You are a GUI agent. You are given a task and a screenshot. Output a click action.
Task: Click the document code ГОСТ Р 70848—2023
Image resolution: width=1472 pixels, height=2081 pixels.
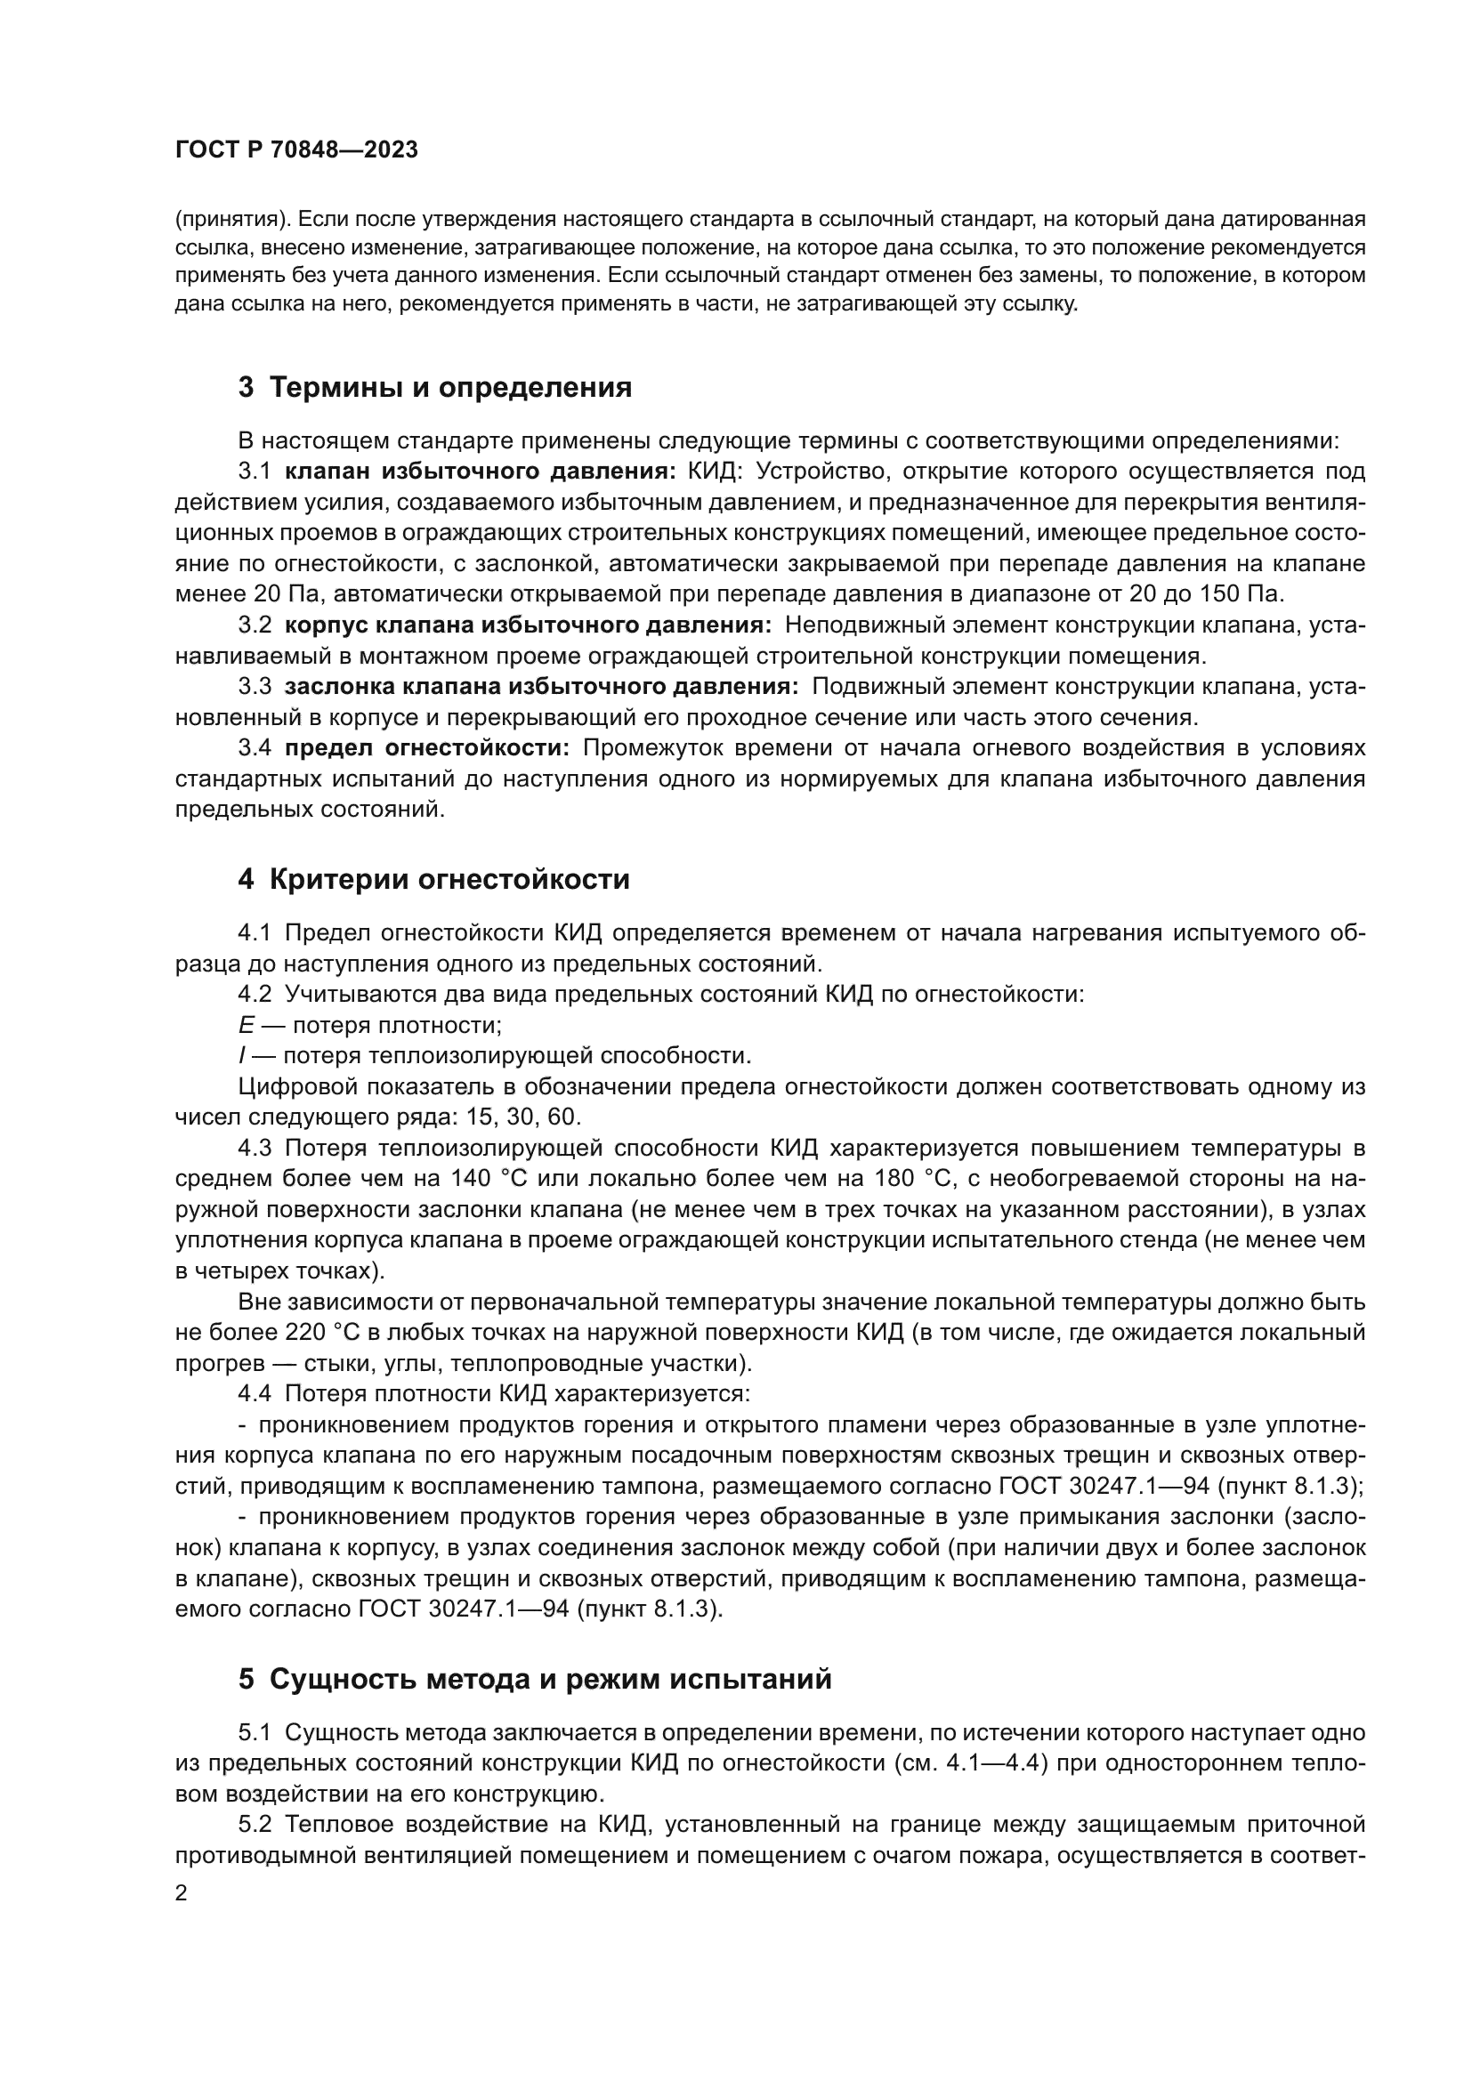pyautogui.click(x=296, y=150)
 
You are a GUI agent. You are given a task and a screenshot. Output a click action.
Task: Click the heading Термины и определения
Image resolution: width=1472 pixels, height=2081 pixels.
pyautogui.click(x=434, y=388)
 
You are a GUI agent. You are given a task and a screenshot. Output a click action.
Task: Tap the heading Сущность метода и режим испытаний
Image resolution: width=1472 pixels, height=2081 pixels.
pyautogui.click(x=534, y=1679)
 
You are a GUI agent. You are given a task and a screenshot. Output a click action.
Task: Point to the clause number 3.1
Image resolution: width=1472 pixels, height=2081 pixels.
pyautogui.click(x=255, y=472)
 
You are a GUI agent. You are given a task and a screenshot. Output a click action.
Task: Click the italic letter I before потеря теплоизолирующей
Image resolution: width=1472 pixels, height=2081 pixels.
pyautogui.click(x=242, y=1056)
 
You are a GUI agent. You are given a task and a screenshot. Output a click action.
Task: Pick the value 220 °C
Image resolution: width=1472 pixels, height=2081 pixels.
pyautogui.click(x=305, y=1333)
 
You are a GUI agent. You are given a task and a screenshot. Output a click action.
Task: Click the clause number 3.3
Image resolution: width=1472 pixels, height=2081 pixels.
pyautogui.click(x=255, y=686)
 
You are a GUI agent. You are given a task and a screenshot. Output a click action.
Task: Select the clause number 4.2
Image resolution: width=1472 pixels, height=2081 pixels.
pyautogui.click(x=255, y=995)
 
